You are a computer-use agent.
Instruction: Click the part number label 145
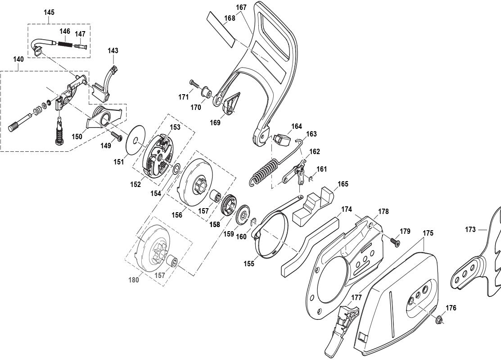coord(49,12)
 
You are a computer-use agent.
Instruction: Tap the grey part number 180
coord(134,280)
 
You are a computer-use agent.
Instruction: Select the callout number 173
coord(470,230)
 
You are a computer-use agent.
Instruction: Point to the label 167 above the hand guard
coord(241,7)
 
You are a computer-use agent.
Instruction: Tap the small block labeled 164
coord(282,140)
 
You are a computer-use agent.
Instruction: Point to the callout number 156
coord(176,215)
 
